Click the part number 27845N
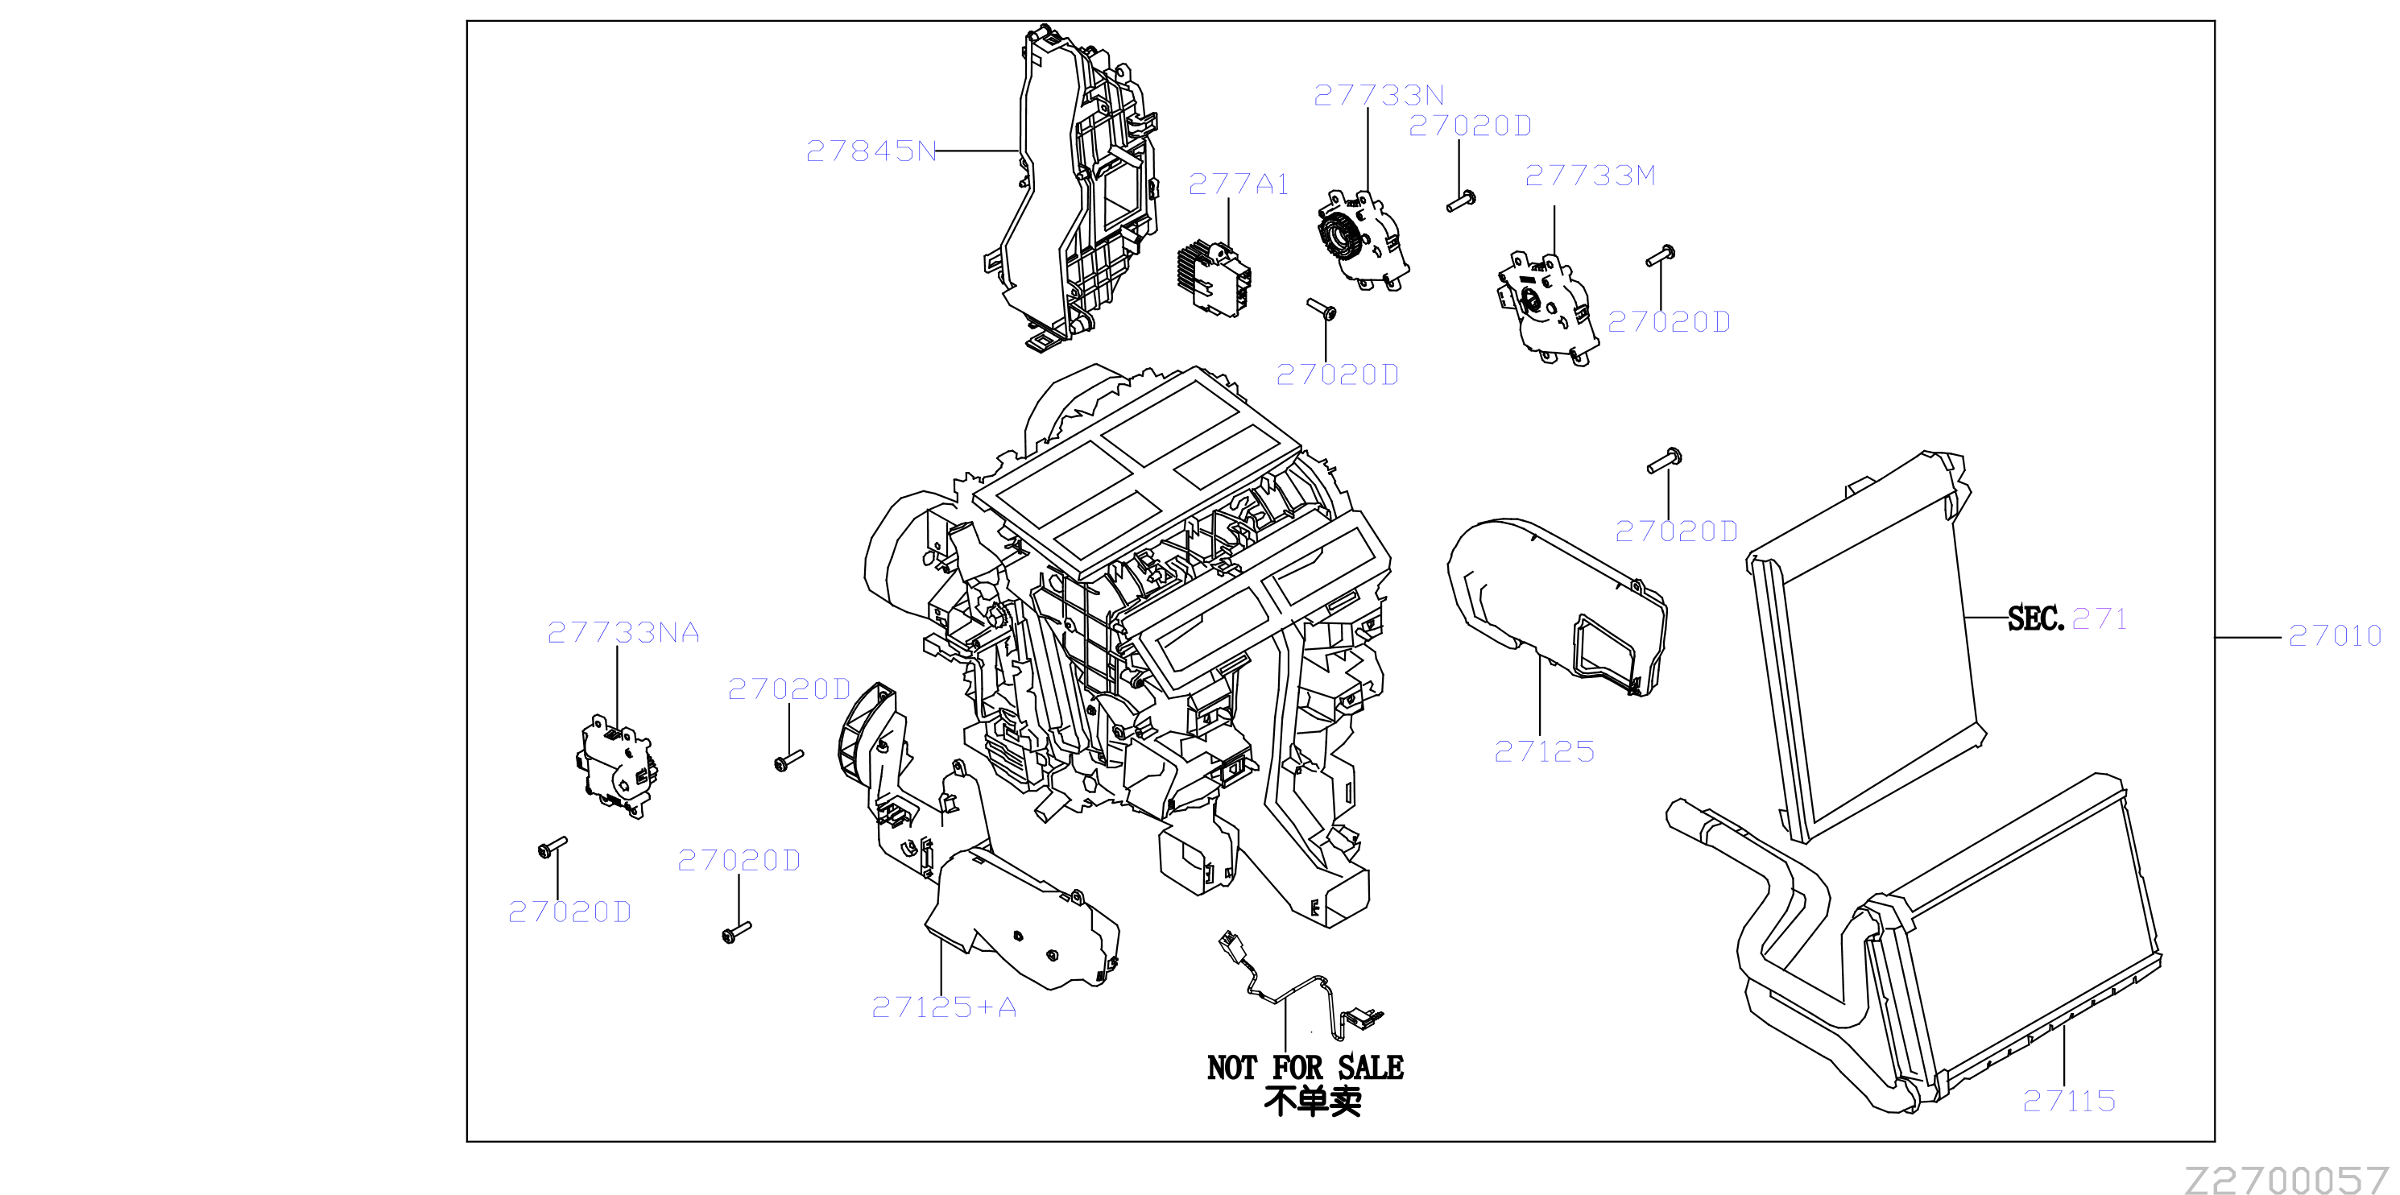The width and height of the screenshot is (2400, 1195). coord(871,151)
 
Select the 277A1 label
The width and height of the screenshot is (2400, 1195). coord(1238,184)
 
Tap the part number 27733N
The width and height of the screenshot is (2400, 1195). coord(1379,95)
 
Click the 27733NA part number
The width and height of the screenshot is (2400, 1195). coord(623,634)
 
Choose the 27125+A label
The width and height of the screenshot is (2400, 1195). coord(944,1007)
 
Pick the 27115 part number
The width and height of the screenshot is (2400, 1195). coord(2069,1101)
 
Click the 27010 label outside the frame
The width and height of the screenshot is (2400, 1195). coord(2335,635)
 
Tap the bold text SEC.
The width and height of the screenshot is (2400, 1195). coord(2036,618)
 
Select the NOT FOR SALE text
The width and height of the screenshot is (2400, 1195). coord(1306,1068)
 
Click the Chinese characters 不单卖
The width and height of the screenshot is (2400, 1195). coord(1313,1101)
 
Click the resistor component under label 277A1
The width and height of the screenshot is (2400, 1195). coord(1214,278)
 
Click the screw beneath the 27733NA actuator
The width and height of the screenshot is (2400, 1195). coord(552,846)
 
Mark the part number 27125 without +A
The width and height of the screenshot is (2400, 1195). coord(1545,751)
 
